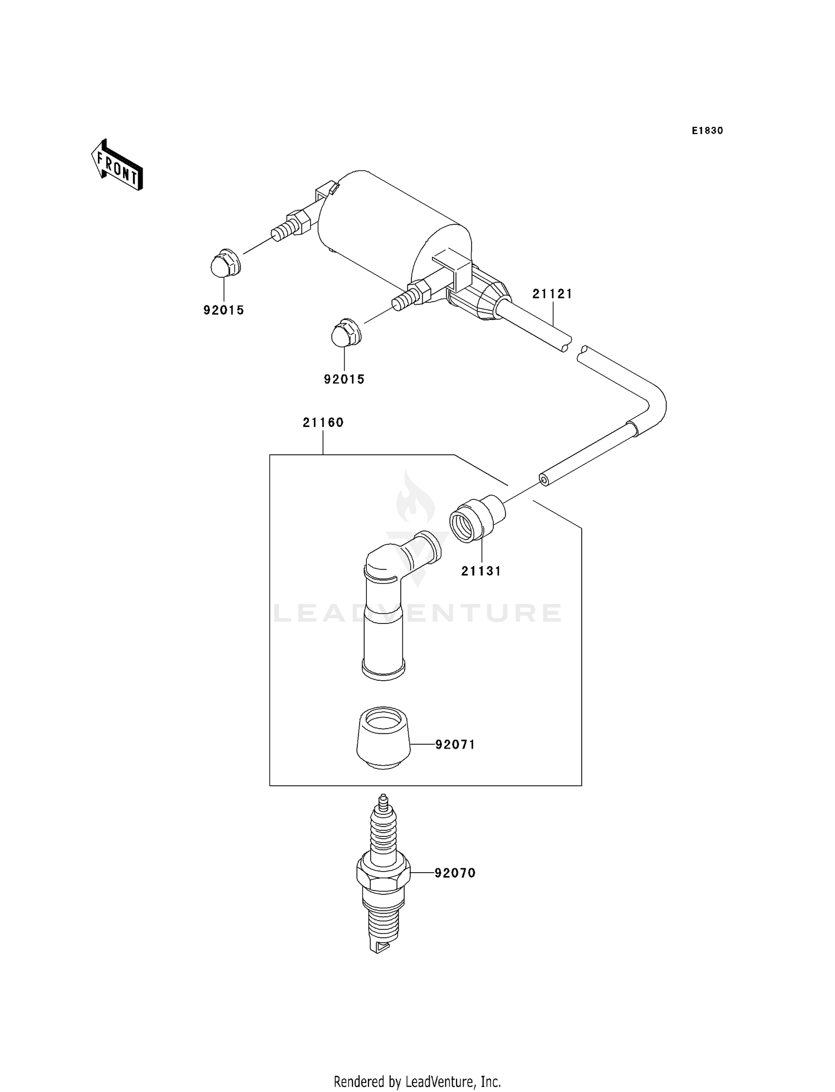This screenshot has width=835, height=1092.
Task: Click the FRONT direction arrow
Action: [x=117, y=166]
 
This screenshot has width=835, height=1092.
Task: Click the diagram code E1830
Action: [x=707, y=131]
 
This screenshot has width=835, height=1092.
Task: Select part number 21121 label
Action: [x=552, y=294]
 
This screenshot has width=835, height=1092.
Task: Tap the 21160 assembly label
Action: [x=323, y=422]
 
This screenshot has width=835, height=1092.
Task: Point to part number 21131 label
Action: [x=481, y=571]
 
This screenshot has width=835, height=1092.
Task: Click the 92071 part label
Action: [x=455, y=745]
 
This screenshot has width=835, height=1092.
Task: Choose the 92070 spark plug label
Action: [x=455, y=873]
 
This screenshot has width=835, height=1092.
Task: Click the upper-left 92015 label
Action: [x=223, y=311]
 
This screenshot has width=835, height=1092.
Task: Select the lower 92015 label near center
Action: [x=344, y=380]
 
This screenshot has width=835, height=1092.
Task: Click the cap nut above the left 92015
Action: [x=225, y=263]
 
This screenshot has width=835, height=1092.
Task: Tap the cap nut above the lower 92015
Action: [x=346, y=333]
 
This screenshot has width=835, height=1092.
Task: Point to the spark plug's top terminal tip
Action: [x=382, y=801]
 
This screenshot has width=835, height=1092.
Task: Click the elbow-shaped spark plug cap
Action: [x=384, y=607]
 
